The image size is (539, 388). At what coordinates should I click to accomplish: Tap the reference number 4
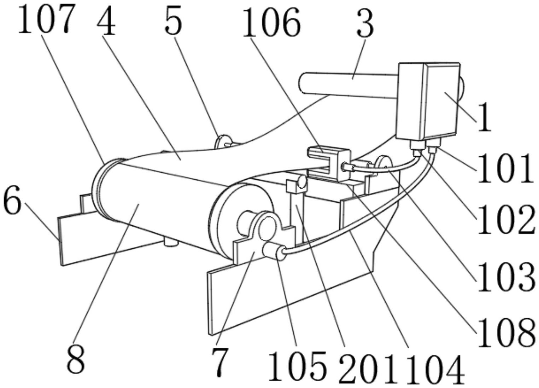tap(106, 21)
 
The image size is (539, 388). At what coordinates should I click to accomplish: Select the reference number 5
tap(173, 21)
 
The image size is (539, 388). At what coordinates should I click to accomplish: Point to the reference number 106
tap(271, 23)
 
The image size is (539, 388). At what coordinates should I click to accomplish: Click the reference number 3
tap(365, 23)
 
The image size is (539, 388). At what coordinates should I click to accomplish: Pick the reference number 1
tap(485, 118)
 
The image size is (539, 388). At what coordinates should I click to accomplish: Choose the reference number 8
tap(76, 359)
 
